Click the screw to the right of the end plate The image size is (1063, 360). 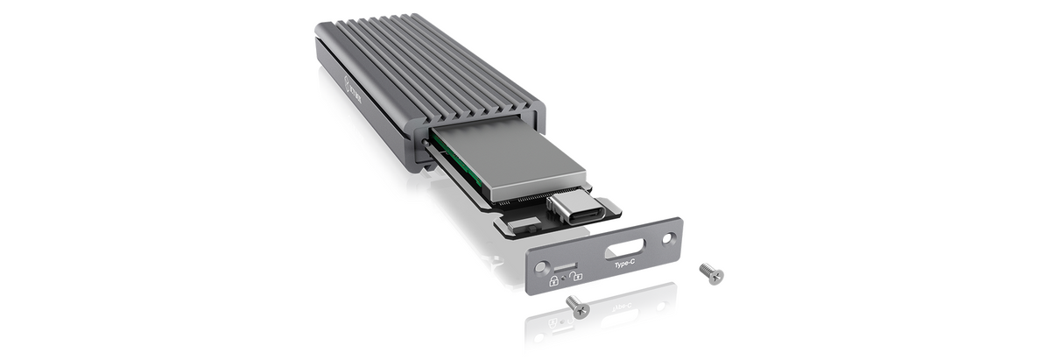point(712,274)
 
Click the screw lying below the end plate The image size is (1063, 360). point(578,306)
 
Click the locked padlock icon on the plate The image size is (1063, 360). point(554,281)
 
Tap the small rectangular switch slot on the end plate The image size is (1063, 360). point(566,265)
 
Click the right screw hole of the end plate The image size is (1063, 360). point(669,236)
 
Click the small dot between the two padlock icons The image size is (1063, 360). point(565,282)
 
